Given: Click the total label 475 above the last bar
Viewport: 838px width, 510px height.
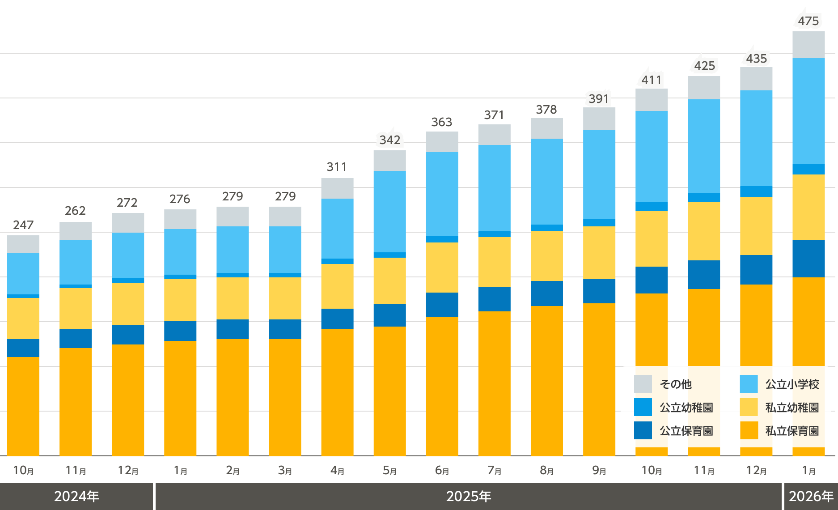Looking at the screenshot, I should pyautogui.click(x=808, y=21).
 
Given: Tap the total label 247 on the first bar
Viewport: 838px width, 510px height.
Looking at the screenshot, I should pyautogui.click(x=23, y=225).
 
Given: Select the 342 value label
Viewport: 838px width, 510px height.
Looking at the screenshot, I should pyautogui.click(x=390, y=140).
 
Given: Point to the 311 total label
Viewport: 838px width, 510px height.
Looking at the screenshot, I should pyautogui.click(x=337, y=167).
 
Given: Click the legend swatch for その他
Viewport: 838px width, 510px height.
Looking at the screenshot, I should pyautogui.click(x=643, y=384).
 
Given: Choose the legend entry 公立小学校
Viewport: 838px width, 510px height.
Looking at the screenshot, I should pyautogui.click(x=792, y=384).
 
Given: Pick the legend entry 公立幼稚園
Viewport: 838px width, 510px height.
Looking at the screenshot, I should pyautogui.click(x=686, y=408).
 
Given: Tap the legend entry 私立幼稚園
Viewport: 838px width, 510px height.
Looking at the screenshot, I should pyautogui.click(x=792, y=408).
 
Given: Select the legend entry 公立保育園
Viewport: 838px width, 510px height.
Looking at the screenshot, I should pyautogui.click(x=686, y=431).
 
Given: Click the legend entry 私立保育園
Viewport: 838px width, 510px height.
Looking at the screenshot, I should pyautogui.click(x=792, y=431).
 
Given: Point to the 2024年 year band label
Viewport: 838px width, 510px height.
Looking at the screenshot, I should pyautogui.click(x=76, y=497).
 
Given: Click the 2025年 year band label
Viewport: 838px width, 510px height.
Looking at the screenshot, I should pyautogui.click(x=469, y=497).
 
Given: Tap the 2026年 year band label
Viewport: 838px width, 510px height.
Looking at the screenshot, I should pyautogui.click(x=811, y=497).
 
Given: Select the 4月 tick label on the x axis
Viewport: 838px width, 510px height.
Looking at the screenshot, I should pyautogui.click(x=337, y=471).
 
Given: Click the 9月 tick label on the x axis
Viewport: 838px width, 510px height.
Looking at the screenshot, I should pyautogui.click(x=599, y=471).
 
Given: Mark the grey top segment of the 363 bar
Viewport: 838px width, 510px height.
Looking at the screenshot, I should pyautogui.click(x=442, y=142).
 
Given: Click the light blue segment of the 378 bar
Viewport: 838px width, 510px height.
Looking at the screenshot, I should pyautogui.click(x=547, y=181).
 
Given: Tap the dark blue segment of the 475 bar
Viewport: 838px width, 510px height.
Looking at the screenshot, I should pyautogui.click(x=808, y=259).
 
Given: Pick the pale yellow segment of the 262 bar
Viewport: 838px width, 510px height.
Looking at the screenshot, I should pyautogui.click(x=76, y=309).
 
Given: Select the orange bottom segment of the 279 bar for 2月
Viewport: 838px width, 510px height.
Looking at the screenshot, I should pyautogui.click(x=233, y=397).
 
